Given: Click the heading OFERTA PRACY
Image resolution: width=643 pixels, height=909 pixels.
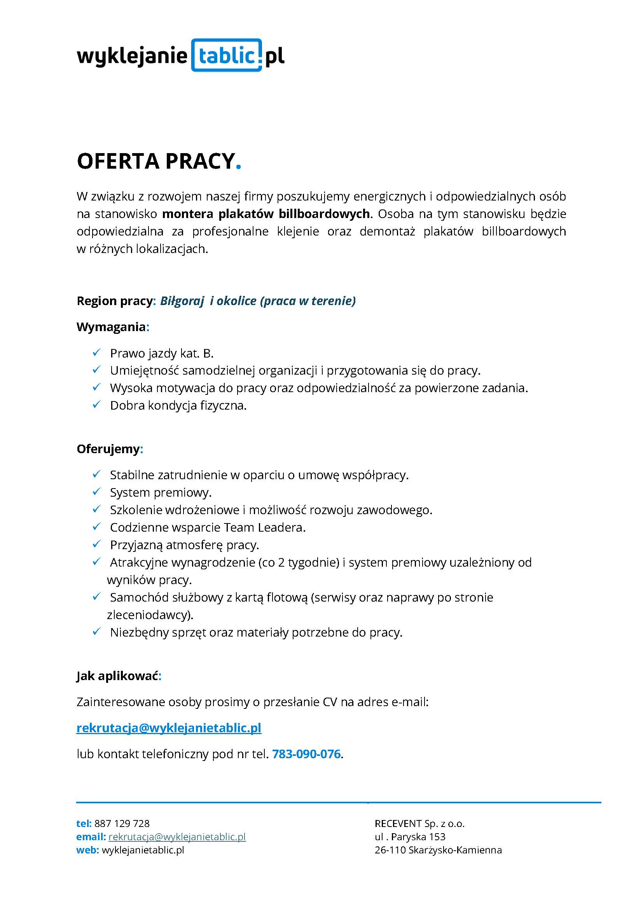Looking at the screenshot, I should [x=156, y=161].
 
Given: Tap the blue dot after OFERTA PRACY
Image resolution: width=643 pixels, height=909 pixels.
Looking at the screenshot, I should [x=238, y=167].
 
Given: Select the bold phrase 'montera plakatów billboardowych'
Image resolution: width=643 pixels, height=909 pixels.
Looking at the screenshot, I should [x=266, y=214].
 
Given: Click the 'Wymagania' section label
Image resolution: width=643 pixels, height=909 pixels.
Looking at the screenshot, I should [x=111, y=327].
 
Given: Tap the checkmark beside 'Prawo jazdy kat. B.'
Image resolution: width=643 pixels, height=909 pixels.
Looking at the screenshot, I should [x=96, y=352].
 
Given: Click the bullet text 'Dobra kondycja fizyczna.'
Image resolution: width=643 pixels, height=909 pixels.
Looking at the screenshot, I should [x=178, y=405].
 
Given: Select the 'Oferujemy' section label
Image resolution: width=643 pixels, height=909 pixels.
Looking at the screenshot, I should [x=108, y=449].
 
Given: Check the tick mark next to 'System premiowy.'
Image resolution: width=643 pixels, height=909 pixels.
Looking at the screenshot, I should [x=96, y=492].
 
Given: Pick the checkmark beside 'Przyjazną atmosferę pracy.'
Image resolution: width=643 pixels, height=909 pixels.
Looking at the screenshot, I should [x=96, y=544].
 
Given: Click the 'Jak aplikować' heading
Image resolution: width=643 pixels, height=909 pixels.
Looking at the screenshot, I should [x=117, y=676].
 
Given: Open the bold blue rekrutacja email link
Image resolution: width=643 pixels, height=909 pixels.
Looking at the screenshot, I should [x=169, y=728].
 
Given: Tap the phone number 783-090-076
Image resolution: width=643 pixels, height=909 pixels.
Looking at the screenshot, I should [x=306, y=754].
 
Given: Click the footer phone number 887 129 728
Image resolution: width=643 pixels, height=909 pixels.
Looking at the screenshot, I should [x=122, y=824].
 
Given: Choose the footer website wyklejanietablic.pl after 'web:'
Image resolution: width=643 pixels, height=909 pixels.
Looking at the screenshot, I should [x=143, y=850].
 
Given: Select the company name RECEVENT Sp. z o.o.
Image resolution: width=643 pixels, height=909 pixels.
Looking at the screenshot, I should [x=419, y=824].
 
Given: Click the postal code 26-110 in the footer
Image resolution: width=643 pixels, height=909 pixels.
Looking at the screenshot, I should [x=390, y=850].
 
